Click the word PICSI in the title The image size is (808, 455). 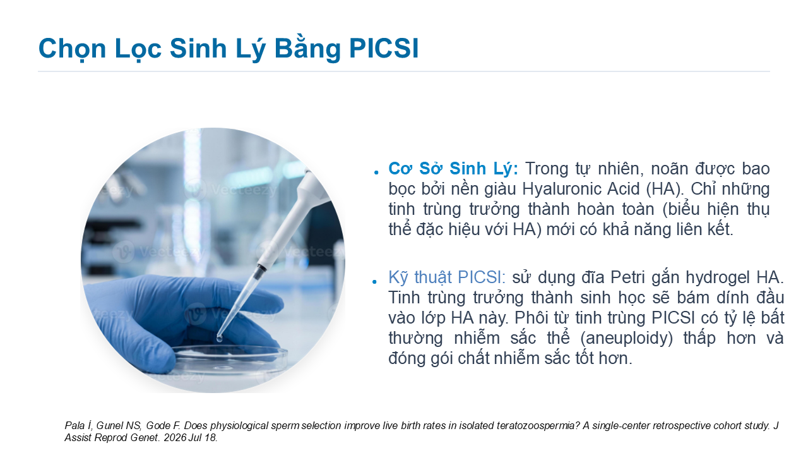[x=384, y=47]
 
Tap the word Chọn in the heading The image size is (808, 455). [x=72, y=49]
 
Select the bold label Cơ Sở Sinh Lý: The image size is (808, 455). [x=453, y=169]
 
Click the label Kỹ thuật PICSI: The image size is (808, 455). [x=446, y=277]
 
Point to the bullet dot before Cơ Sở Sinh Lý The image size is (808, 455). [x=376, y=173]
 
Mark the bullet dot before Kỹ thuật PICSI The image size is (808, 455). [x=375, y=281]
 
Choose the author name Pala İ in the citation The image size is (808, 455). [x=79, y=426]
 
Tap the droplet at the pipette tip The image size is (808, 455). [x=219, y=339]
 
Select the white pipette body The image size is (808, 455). [x=290, y=221]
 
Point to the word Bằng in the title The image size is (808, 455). [x=307, y=49]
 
